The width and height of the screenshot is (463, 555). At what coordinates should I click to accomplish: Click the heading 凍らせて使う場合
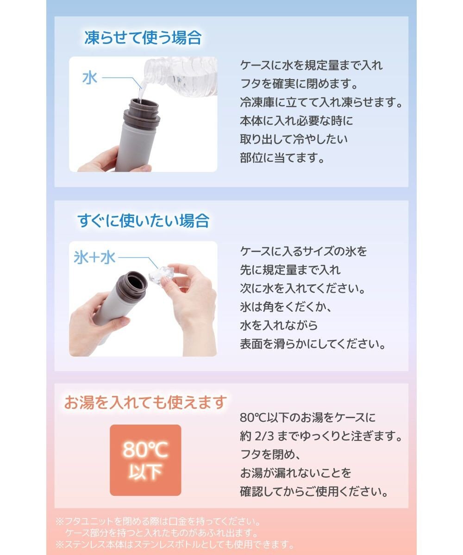click(x=143, y=38)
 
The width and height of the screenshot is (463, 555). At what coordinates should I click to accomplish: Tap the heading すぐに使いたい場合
click(x=143, y=221)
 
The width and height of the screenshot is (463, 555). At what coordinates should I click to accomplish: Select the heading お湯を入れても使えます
click(x=146, y=402)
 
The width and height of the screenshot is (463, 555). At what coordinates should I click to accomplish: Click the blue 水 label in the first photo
click(x=90, y=78)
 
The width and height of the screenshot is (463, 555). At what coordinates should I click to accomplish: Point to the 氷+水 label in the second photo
click(x=94, y=257)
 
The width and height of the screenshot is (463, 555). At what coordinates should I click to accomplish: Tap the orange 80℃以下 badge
click(x=145, y=460)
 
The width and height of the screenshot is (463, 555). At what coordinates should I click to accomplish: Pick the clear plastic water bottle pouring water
click(x=185, y=76)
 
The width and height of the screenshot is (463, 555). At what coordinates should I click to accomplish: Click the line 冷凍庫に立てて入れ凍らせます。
click(x=321, y=103)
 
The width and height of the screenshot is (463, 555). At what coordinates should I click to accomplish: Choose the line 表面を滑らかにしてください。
click(x=313, y=345)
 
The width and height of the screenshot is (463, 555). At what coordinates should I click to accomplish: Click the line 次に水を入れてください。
click(x=303, y=289)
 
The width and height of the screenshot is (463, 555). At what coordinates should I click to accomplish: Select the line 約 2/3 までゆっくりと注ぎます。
click(x=320, y=436)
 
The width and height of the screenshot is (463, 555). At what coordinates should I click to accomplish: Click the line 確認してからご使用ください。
click(x=314, y=492)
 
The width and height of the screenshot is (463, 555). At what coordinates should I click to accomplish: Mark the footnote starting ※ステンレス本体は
click(x=175, y=544)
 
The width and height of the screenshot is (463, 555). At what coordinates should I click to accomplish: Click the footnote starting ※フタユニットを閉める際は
click(x=159, y=522)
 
